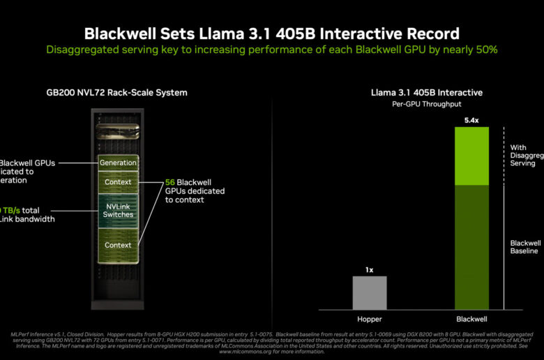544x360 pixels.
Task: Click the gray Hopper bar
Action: pos(369,292)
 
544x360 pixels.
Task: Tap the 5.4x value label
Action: pos(471,121)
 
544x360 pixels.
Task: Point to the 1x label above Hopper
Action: pos(369,269)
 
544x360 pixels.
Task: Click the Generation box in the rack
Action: pos(118,163)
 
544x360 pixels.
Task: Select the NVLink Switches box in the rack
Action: pos(118,210)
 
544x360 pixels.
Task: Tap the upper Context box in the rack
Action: pos(118,181)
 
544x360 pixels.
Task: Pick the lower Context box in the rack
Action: pos(118,245)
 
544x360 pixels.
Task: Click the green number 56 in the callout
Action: pos(170,182)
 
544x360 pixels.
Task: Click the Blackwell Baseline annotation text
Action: pos(525,246)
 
